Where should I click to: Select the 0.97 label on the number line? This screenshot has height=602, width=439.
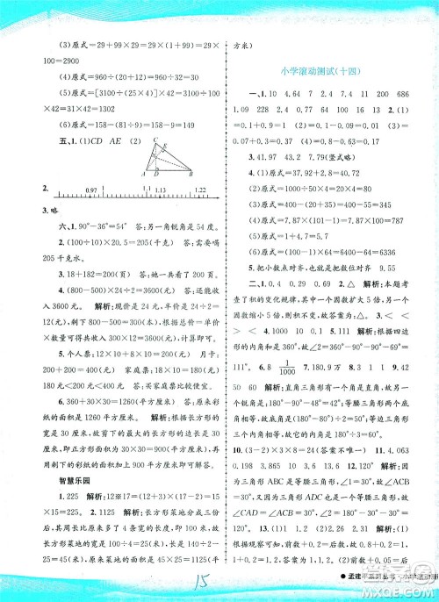pos(92,190)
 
